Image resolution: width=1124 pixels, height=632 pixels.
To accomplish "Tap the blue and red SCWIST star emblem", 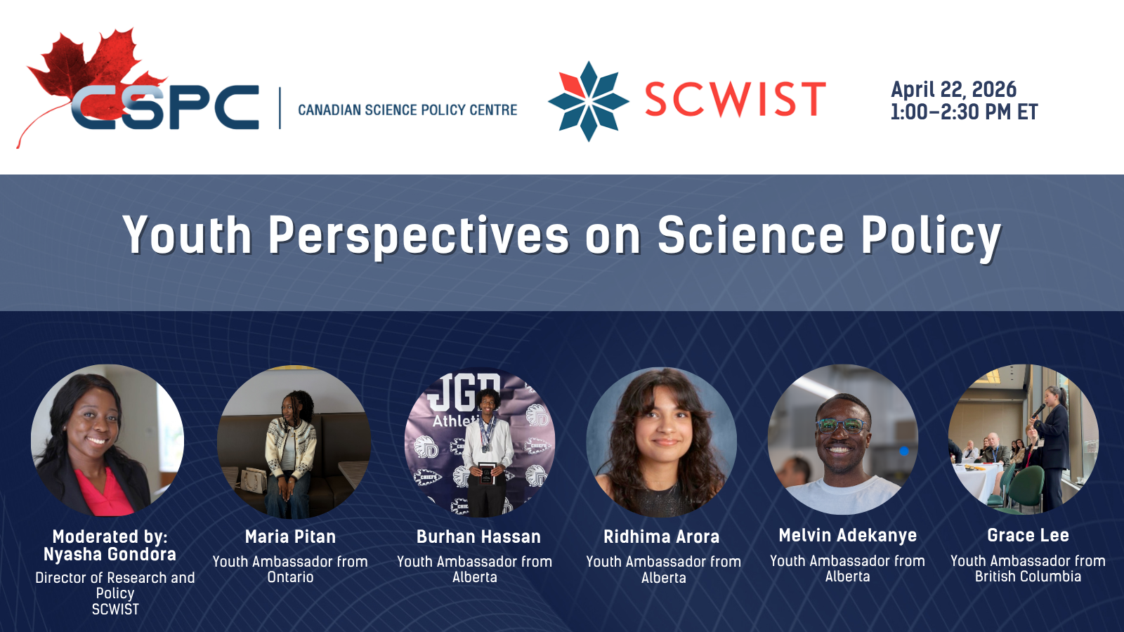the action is tap(588, 101).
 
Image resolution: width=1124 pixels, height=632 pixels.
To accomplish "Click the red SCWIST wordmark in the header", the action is tap(735, 100).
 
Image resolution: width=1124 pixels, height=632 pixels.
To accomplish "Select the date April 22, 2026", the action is tap(953, 90).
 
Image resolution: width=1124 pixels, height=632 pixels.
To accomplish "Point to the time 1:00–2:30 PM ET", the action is tap(964, 112).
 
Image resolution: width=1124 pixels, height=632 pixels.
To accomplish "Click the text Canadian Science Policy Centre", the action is tap(407, 110).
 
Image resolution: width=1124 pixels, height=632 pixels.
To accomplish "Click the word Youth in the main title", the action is tap(187, 235).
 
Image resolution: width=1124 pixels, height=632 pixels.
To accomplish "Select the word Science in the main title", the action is tap(751, 235).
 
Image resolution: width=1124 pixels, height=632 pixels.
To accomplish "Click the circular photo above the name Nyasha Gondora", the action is tap(107, 440).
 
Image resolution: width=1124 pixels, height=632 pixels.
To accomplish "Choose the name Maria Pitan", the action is tap(291, 536).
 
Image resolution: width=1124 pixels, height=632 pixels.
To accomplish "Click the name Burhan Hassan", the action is tap(478, 536).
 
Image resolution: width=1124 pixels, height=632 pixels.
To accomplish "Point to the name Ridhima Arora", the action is tap(661, 536).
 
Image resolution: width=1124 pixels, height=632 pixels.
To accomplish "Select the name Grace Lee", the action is tap(1028, 535).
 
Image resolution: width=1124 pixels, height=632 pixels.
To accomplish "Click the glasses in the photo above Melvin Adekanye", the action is tap(842, 426).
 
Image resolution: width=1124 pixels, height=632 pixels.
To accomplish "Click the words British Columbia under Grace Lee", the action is tap(1028, 577).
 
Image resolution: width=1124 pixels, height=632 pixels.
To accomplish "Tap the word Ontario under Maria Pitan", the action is tap(291, 577).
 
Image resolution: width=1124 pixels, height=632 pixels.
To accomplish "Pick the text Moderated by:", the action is tap(110, 536).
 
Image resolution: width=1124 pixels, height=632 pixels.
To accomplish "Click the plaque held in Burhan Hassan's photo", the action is tap(485, 473).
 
